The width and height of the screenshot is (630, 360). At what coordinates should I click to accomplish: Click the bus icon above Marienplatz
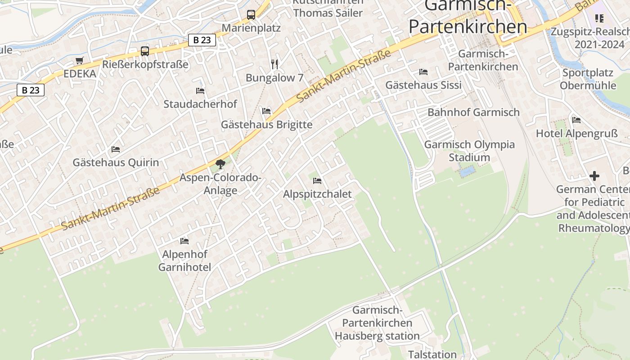(251, 15)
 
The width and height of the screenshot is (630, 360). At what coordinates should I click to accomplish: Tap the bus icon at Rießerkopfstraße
(144, 51)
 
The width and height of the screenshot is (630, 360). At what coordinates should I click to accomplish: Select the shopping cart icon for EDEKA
(80, 60)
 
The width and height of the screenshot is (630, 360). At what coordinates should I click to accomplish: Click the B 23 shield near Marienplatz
(202, 40)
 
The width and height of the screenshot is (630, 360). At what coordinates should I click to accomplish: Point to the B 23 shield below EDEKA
(31, 90)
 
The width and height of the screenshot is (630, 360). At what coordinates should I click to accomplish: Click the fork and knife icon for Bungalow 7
(274, 64)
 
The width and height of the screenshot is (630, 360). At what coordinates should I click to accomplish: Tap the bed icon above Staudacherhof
(200, 91)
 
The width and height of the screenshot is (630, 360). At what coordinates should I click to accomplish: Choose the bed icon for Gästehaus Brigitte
(266, 111)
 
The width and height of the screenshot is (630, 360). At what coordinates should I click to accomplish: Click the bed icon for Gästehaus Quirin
(116, 149)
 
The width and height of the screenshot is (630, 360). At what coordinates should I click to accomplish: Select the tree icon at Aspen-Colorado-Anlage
(220, 164)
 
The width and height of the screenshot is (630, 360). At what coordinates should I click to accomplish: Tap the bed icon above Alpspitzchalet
(317, 181)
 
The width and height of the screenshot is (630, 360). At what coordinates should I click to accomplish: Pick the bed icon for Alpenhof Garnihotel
(184, 241)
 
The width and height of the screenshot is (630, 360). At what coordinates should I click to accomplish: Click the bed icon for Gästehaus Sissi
(423, 72)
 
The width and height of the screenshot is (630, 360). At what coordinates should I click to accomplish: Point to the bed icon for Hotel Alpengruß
(576, 120)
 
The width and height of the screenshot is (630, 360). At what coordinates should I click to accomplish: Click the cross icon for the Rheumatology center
(594, 176)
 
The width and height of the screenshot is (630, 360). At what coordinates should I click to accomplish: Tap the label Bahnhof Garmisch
(473, 112)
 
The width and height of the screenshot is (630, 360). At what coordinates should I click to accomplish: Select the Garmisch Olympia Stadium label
(469, 151)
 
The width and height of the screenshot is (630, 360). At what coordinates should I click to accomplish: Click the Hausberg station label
(377, 323)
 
